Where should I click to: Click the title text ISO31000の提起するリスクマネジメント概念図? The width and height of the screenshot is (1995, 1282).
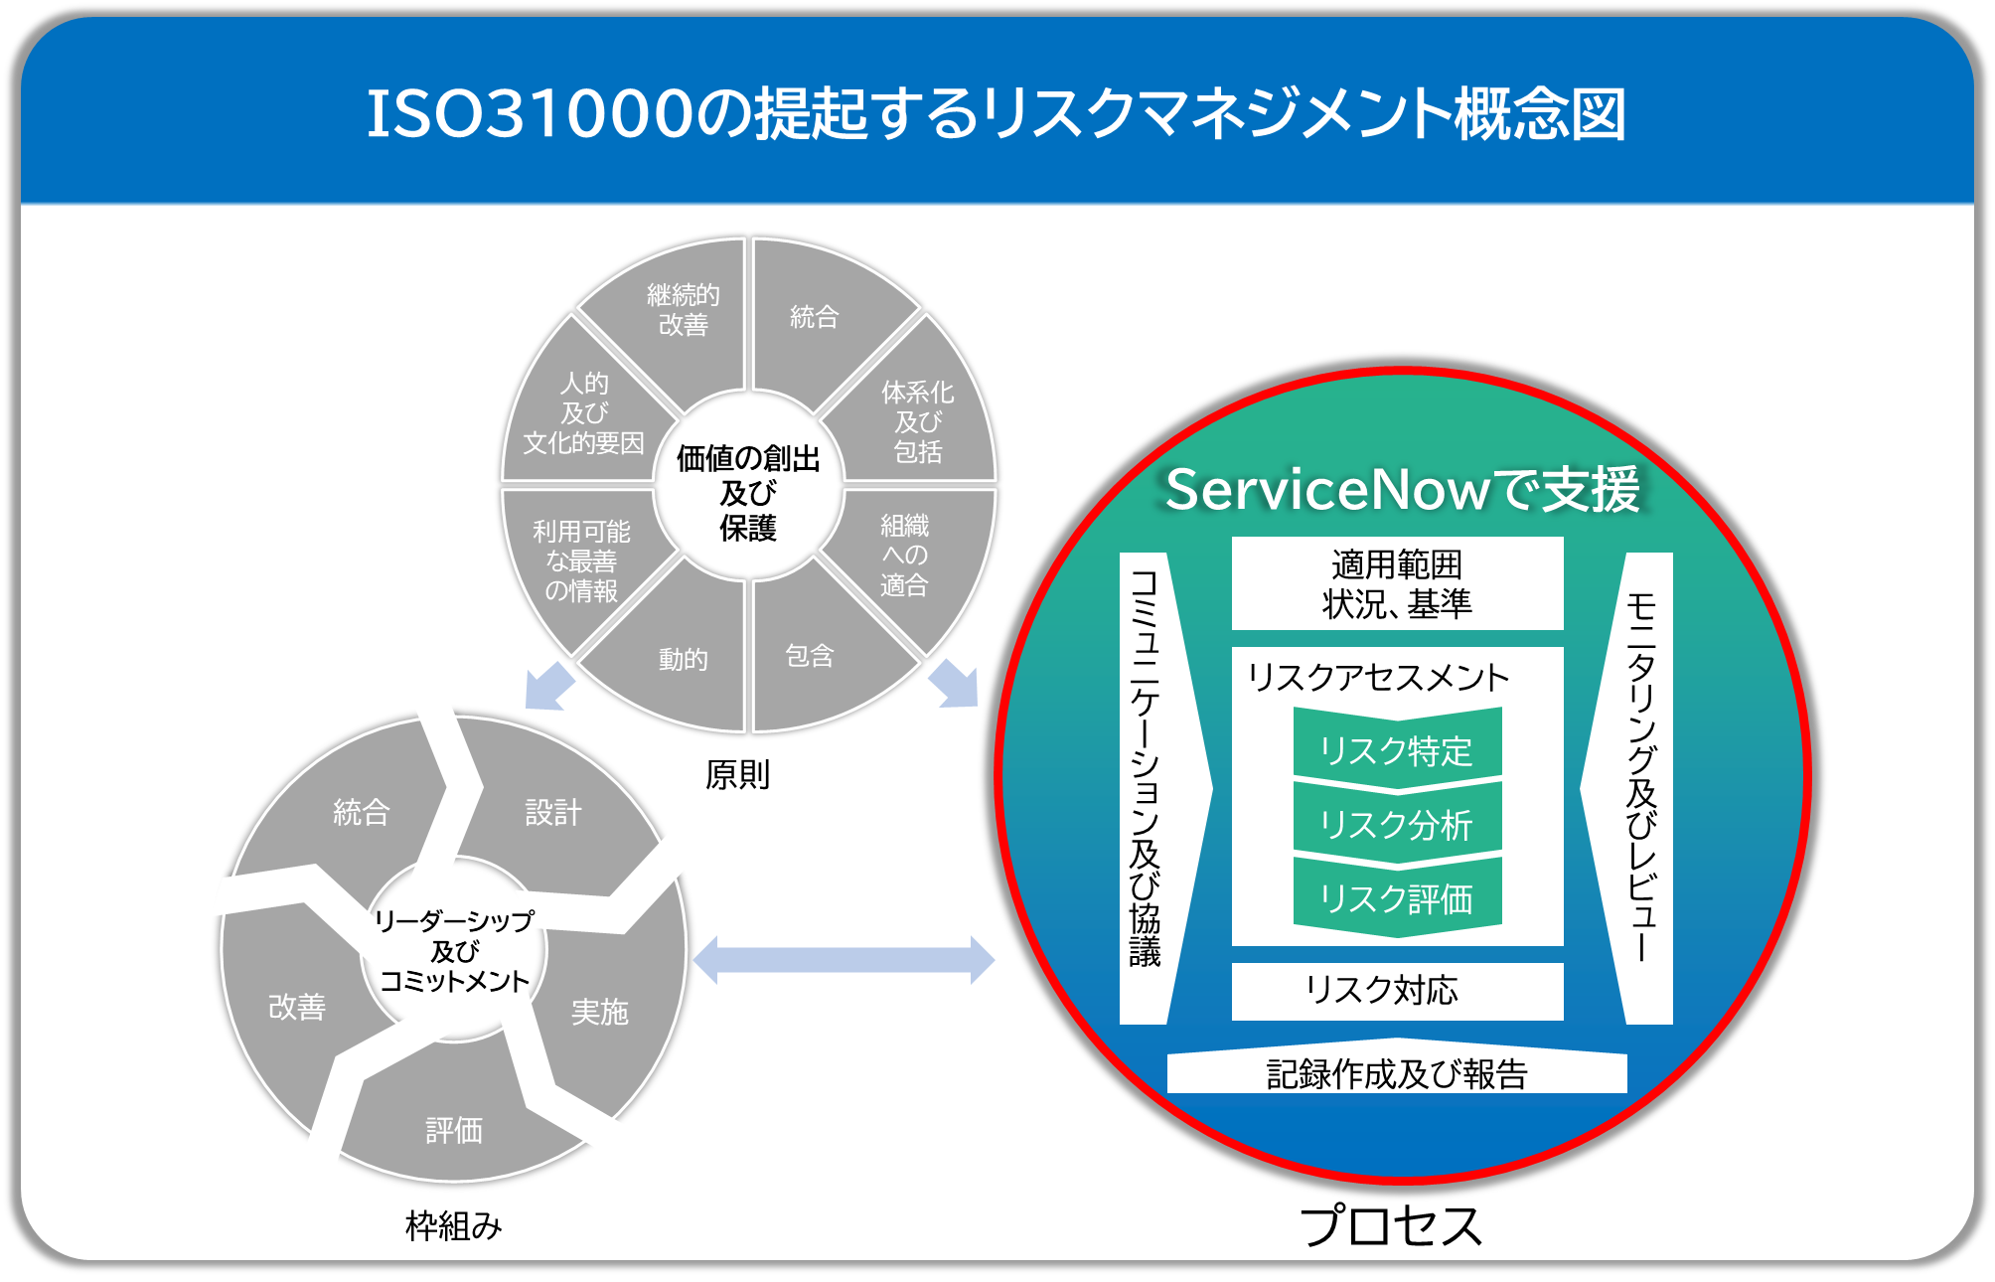tap(996, 113)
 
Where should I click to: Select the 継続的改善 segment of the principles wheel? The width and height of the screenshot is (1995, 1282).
tap(683, 310)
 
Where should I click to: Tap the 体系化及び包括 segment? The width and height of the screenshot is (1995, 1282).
tap(916, 421)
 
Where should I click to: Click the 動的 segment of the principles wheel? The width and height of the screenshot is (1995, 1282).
tap(683, 659)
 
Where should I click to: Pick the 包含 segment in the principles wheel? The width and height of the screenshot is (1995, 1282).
tap(810, 656)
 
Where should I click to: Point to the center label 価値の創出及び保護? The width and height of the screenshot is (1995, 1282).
tap(748, 493)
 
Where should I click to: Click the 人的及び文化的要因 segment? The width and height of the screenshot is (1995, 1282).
tap(584, 413)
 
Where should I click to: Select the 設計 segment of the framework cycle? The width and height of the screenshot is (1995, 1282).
tap(553, 813)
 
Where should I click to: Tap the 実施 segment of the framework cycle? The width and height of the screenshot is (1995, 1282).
tap(600, 1012)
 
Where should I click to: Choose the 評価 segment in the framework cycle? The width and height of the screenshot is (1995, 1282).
tap(454, 1130)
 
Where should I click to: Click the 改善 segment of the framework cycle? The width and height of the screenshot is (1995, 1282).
tap(297, 1007)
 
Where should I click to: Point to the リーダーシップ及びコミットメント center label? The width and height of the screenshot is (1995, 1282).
tap(454, 951)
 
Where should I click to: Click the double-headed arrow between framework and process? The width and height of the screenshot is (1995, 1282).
tap(843, 960)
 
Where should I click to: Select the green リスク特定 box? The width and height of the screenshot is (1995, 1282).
tap(1396, 750)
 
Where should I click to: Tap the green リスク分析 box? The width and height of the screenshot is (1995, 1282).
tap(1396, 825)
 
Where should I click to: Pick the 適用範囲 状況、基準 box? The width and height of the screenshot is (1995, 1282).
tap(1396, 583)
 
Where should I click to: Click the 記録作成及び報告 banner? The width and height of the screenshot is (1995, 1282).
tap(1396, 1073)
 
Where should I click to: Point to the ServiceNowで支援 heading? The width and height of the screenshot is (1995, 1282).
tap(1402, 489)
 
